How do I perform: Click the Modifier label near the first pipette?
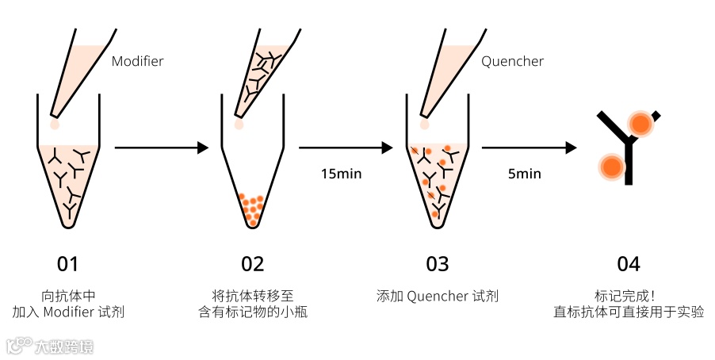pyautogui.click(x=137, y=61)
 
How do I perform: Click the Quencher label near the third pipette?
pyautogui.click(x=513, y=61)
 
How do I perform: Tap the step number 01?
pyautogui.click(x=68, y=264)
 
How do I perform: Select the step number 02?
pyautogui.click(x=252, y=264)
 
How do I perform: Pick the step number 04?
pyautogui.click(x=628, y=264)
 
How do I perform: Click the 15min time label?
pyautogui.click(x=341, y=174)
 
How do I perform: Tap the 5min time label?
pyautogui.click(x=525, y=174)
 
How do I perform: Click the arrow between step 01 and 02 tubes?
pyautogui.click(x=162, y=147)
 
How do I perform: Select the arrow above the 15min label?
pyautogui.click(x=346, y=147)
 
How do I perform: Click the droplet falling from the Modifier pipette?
pyautogui.click(x=55, y=124)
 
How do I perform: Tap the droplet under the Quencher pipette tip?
pyautogui.click(x=425, y=124)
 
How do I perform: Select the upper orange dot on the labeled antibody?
pyautogui.click(x=640, y=124)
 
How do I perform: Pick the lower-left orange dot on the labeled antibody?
pyautogui.click(x=610, y=167)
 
